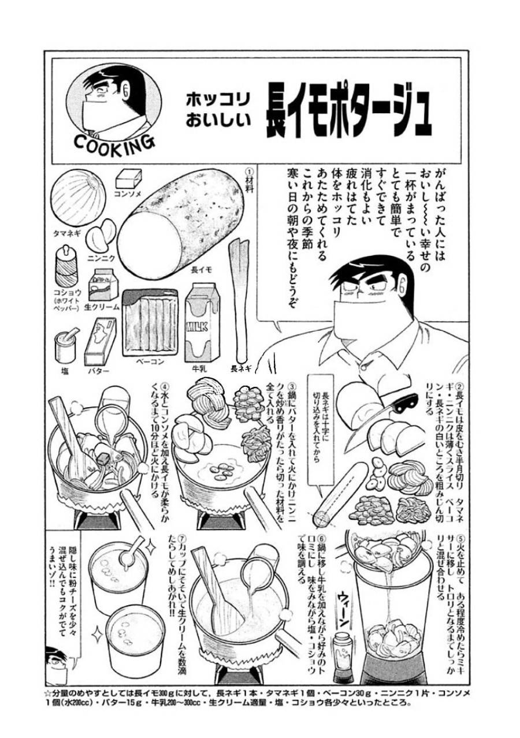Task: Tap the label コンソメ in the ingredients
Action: click(x=127, y=194)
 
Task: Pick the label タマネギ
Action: click(x=66, y=233)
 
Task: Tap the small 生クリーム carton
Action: click(x=102, y=284)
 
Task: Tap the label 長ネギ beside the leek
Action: click(x=239, y=367)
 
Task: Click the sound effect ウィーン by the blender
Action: click(x=341, y=612)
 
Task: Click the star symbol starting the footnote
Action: click(x=49, y=691)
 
